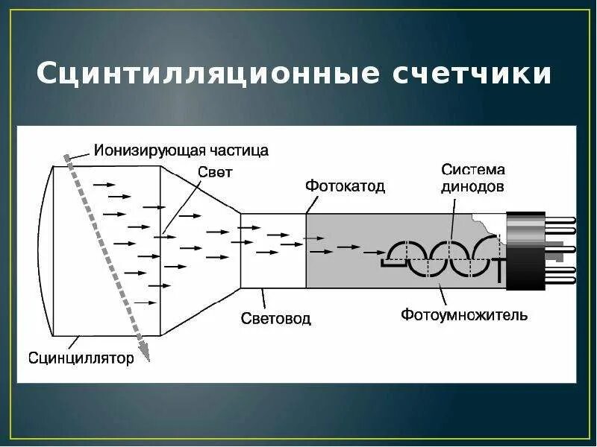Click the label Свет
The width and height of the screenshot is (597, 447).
216,171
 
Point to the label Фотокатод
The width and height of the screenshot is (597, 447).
345,186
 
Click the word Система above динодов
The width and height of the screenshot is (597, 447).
472,170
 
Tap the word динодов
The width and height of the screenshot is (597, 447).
472,187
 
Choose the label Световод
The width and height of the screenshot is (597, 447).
276,319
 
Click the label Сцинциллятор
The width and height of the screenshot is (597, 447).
81,358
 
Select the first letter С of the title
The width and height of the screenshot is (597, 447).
47,75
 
